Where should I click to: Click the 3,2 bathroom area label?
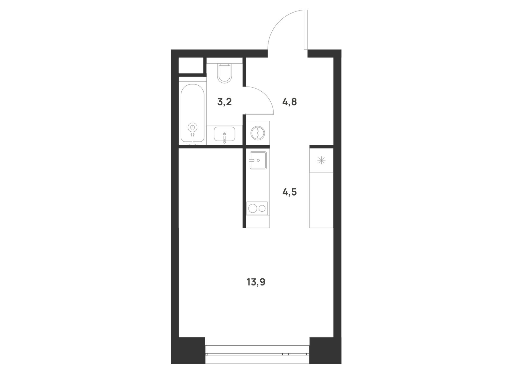pos(225,102)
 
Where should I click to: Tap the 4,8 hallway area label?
pos(290,102)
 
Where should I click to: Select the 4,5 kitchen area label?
pos(290,192)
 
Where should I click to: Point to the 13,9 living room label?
pos(256,282)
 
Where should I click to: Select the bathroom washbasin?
pos(225,134)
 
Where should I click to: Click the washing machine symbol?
pos(258,133)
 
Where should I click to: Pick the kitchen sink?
pos(258,160)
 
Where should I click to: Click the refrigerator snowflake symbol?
pos(321,161)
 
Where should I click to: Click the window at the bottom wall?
pos(257,354)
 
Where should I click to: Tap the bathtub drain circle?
pos(193,127)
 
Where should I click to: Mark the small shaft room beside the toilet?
pos(191,65)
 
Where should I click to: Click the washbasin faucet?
pos(225,138)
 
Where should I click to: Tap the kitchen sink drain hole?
pos(258,160)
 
